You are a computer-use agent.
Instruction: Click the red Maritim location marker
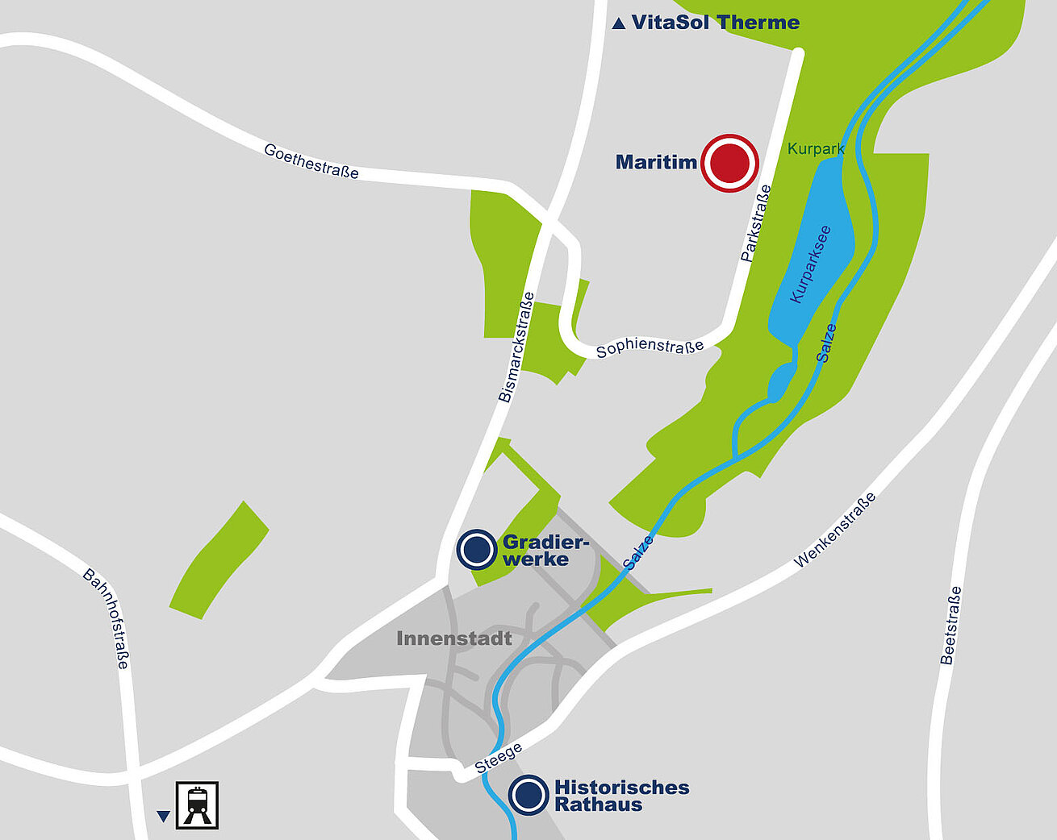coord(729,163)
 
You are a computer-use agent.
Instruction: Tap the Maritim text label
coord(656,162)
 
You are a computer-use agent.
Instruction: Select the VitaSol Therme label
coord(715,23)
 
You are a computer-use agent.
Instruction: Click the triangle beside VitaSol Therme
coord(619,24)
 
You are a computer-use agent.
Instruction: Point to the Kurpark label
coord(816,149)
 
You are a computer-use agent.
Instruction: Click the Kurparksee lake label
coord(810,264)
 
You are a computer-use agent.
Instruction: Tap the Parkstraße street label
coord(756,223)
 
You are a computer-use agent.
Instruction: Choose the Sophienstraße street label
coord(650,347)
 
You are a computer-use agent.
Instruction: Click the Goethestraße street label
coord(311,161)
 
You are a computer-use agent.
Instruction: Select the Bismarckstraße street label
coord(516,347)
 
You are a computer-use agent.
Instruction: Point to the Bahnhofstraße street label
coord(106,618)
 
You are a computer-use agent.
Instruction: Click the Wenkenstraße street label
coord(834,530)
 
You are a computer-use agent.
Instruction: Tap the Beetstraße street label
coord(951,626)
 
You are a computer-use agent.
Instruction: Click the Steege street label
coord(498,759)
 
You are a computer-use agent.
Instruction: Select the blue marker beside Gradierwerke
coord(476,550)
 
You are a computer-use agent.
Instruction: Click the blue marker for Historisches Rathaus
coord(528,796)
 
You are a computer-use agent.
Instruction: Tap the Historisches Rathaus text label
coord(621,796)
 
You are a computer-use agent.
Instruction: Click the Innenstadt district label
coord(454,638)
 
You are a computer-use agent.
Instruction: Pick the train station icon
coord(198,805)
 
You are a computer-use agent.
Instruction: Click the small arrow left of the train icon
coord(164,817)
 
